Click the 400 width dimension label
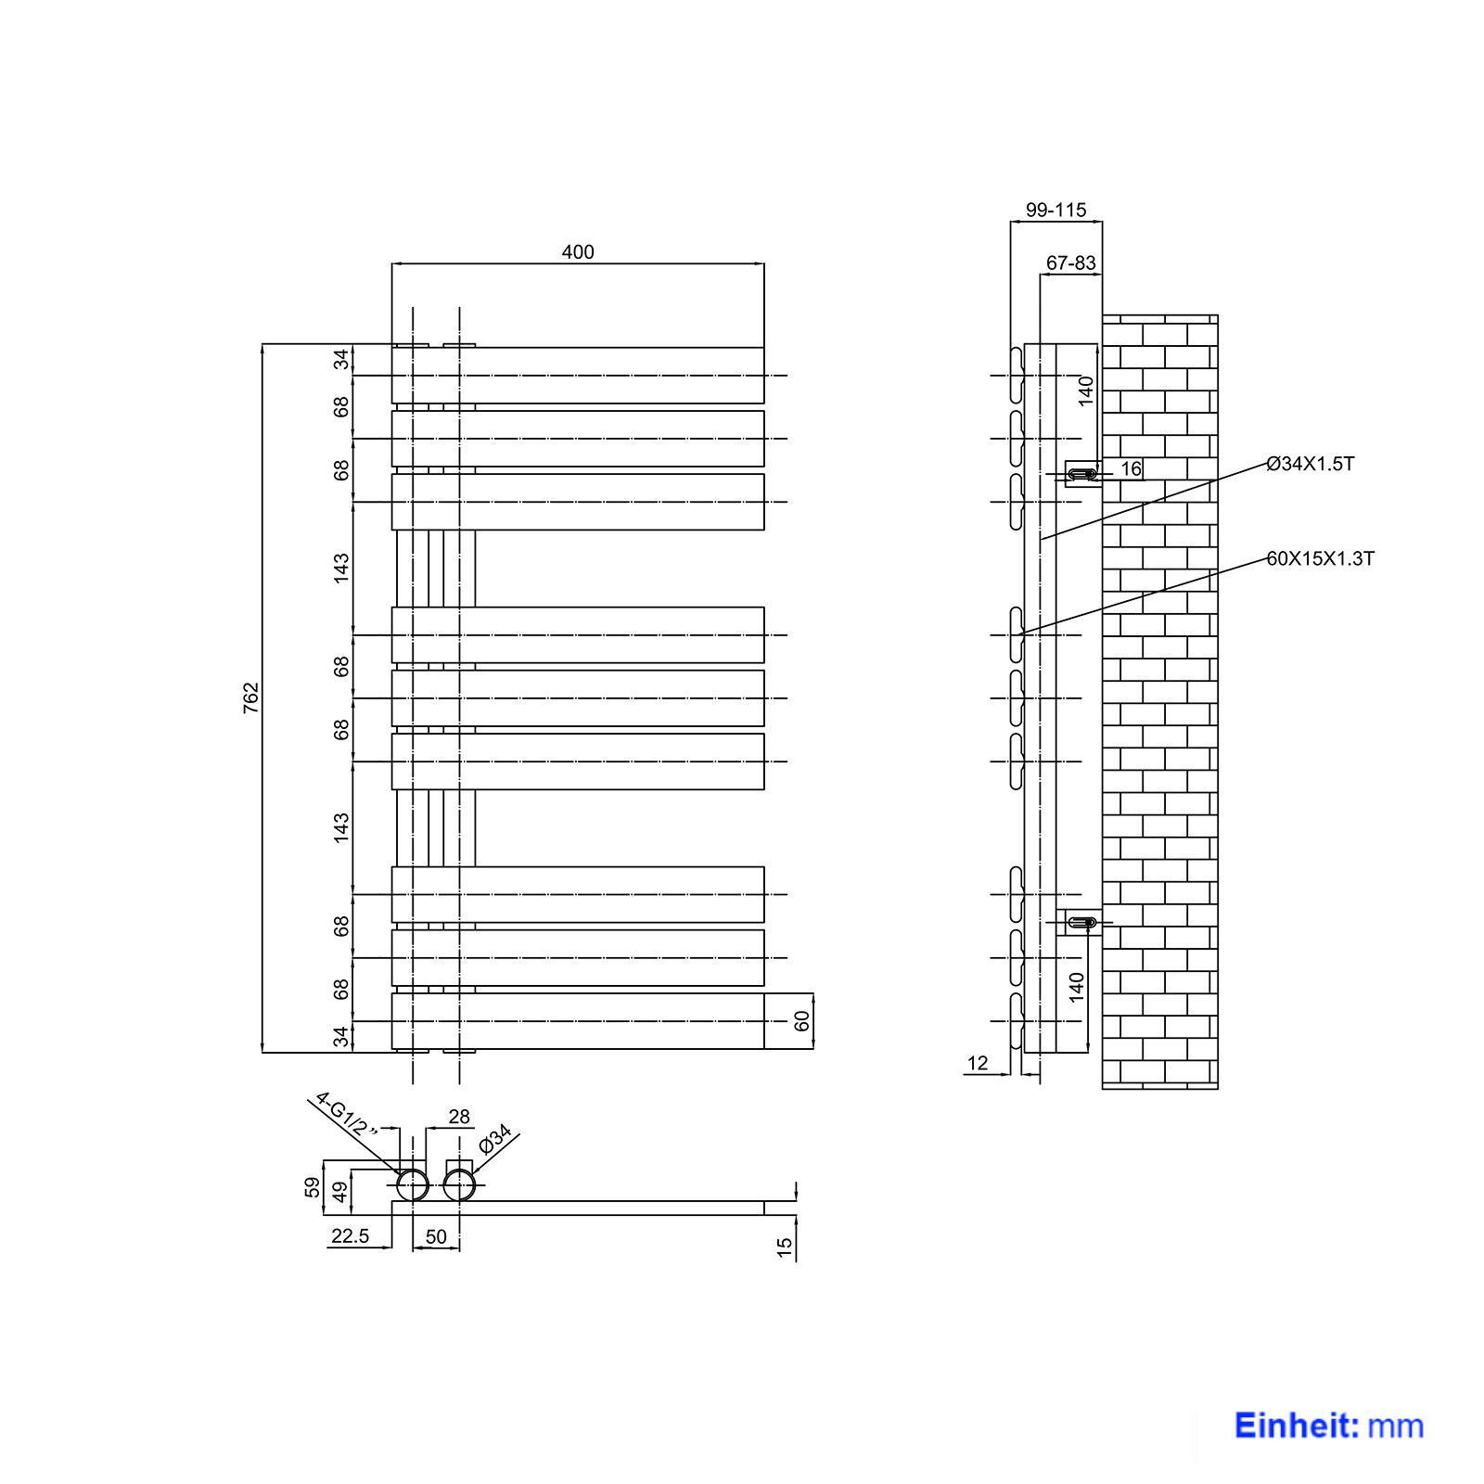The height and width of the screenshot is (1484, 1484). click(x=577, y=252)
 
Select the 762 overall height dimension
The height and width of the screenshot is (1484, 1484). click(x=250, y=697)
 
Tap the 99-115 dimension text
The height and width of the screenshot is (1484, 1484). click(x=1055, y=211)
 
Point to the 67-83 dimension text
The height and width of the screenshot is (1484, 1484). click(x=1071, y=263)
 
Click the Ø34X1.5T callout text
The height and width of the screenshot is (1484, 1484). click(x=1310, y=464)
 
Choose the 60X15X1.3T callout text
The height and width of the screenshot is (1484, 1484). click(x=1320, y=558)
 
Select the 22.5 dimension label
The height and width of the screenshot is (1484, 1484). click(x=349, y=1235)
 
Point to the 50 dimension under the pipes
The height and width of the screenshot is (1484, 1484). click(x=436, y=1236)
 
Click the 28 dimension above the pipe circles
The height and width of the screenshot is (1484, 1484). click(x=459, y=1117)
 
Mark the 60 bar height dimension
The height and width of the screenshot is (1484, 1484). click(x=803, y=1020)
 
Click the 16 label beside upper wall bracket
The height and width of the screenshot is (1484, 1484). click(x=1131, y=469)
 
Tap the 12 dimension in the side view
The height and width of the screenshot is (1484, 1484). click(x=978, y=1064)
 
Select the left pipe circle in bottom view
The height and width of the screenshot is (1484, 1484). click(x=412, y=1185)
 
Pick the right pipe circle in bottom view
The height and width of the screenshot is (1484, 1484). click(x=459, y=1185)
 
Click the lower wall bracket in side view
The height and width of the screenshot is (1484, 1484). click(x=1081, y=922)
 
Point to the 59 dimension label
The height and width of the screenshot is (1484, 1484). click(x=313, y=1186)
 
